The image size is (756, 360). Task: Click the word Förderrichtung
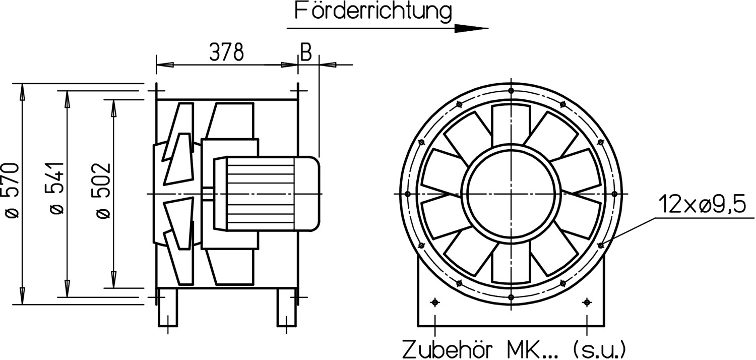coord(373,12)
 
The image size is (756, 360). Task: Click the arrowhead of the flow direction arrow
coord(471,28)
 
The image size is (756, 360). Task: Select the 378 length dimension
coord(226,53)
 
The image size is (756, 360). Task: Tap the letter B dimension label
coord(306,52)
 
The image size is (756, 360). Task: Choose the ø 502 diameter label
coord(103,191)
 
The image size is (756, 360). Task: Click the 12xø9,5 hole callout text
coord(702,204)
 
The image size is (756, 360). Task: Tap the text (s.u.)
coord(599,349)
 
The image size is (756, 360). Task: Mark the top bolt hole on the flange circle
coord(511,91)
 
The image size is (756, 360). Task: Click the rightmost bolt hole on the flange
coord(614,194)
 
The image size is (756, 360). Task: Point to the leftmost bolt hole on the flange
coord(408,194)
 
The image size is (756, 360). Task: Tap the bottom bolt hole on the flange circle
coord(511,297)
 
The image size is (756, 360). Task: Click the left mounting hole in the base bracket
coord(435,302)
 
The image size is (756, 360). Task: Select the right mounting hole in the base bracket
coord(587,302)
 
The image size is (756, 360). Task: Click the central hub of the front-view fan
coord(511,194)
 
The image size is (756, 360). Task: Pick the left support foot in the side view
coord(168,308)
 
